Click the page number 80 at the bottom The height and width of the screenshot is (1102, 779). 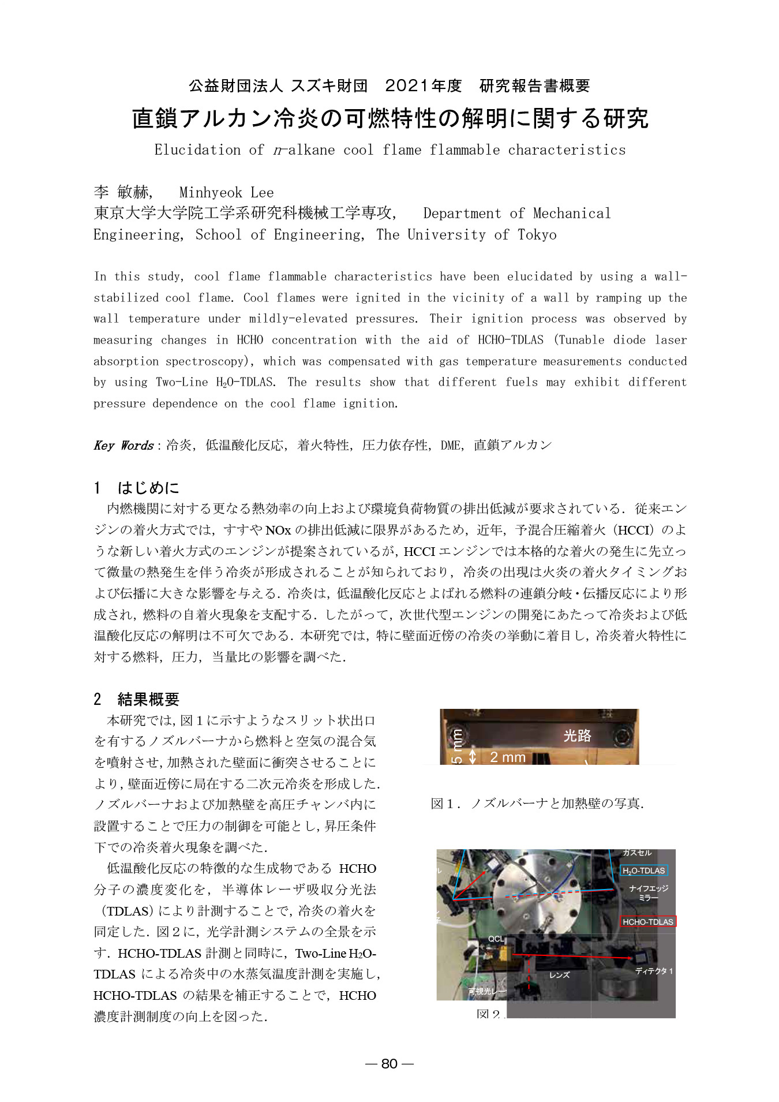(389, 1063)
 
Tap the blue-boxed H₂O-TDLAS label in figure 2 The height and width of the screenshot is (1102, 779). (643, 871)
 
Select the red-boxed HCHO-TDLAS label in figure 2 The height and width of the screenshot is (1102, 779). (647, 921)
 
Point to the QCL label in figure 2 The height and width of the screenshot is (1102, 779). (496, 939)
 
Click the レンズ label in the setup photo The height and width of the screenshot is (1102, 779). (559, 974)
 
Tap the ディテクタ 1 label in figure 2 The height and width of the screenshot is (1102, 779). (654, 971)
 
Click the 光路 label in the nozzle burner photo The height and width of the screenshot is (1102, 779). (577, 735)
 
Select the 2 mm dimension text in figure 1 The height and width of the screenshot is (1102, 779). (507, 757)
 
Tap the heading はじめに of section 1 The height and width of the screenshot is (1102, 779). (148, 488)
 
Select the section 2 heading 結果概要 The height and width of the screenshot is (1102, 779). (148, 699)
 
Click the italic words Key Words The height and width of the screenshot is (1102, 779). (123, 445)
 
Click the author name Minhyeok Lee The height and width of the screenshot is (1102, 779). (226, 192)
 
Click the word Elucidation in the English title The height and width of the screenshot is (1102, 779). (197, 150)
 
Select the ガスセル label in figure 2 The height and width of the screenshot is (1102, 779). (636, 853)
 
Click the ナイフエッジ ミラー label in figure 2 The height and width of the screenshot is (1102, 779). (648, 893)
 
